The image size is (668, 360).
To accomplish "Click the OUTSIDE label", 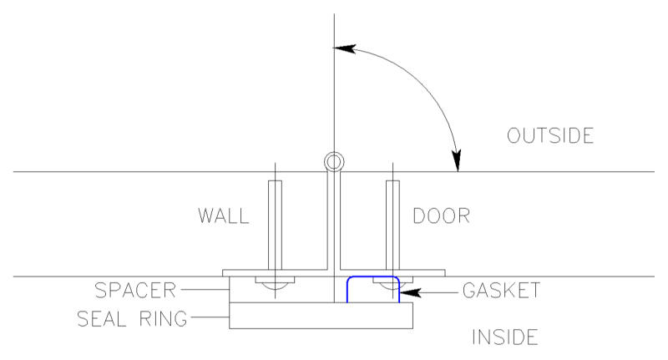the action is coord(550,135).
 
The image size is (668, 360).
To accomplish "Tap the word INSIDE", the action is coord(505,337).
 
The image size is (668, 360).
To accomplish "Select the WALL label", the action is coord(223,215).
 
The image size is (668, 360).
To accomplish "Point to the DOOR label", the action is coord(442,215).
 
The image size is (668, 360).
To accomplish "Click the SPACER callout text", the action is coord(135,291).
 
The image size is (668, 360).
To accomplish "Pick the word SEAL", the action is coord(101,319).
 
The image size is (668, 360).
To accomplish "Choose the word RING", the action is coord(163,319).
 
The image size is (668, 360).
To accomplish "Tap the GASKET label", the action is coord(502,291).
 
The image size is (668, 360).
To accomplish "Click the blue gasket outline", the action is coord(372,277).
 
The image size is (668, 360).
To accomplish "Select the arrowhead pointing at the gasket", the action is coord(410,292).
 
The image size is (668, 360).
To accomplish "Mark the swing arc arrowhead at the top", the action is coord(344,48).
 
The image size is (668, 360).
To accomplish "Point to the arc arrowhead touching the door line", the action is coord(456,160).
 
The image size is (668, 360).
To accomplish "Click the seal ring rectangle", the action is coord(321,316).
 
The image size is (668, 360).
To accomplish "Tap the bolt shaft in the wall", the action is coord(275,225).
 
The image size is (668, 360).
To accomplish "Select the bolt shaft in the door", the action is coord(392,225).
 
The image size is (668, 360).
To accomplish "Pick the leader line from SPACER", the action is coord(205,290).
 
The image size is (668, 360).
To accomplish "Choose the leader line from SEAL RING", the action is coord(210,317).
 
